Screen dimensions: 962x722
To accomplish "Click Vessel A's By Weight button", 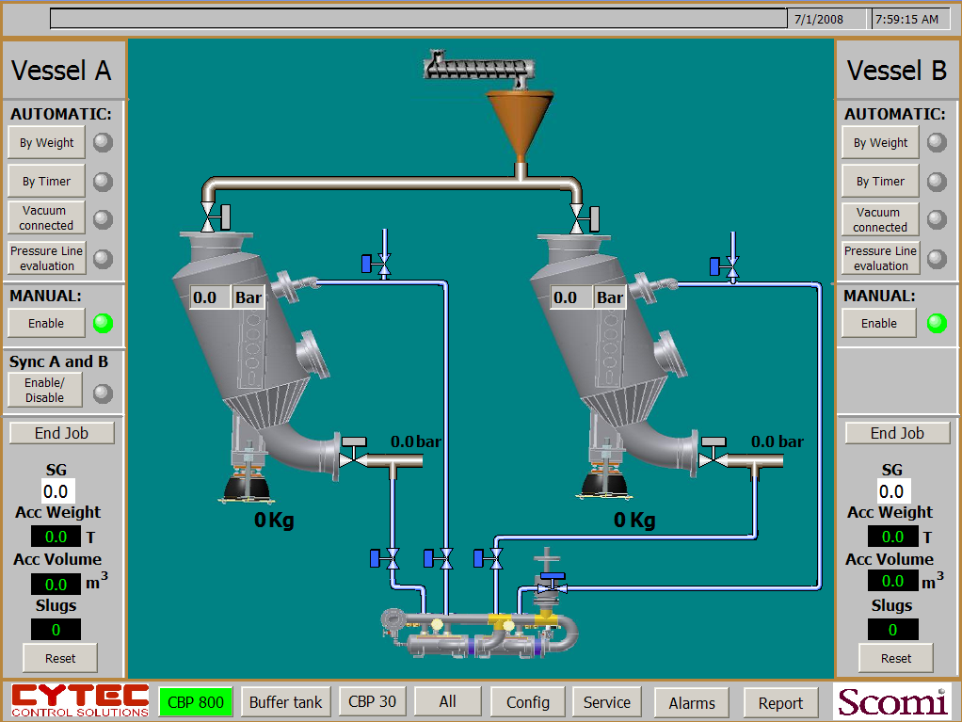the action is tap(46, 143).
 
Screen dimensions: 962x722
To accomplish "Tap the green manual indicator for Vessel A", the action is tap(104, 323).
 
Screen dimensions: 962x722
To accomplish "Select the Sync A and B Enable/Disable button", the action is tap(45, 390).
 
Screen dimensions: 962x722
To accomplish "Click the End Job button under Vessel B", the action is tap(897, 433).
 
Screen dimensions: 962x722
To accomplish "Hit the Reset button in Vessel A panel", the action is tap(60, 658).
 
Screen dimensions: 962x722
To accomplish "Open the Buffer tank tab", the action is tap(286, 701).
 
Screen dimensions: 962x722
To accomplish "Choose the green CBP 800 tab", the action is tap(196, 701).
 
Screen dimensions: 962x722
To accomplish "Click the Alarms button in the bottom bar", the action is tap(692, 703).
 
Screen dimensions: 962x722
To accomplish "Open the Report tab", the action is tap(780, 703).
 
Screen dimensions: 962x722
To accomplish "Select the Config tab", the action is tap(528, 702).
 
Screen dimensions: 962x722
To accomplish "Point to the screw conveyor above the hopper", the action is tap(478, 66).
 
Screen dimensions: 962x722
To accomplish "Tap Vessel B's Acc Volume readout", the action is tap(892, 581).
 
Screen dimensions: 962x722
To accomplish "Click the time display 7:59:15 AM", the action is tap(906, 19).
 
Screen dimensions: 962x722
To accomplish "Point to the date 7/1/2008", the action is tap(819, 19).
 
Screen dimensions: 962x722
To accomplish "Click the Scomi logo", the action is tap(892, 701).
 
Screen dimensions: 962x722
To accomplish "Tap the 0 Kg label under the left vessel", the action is tap(274, 521).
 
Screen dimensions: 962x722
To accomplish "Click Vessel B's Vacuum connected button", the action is tap(880, 219).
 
